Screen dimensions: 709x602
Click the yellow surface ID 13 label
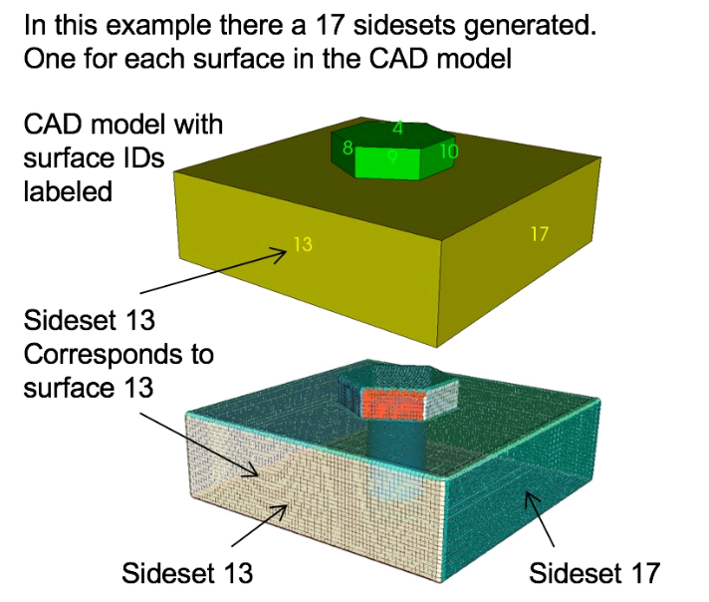tap(303, 244)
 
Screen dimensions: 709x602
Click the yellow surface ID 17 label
tap(539, 234)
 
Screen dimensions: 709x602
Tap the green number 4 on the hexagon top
tap(397, 129)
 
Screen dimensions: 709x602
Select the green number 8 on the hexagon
tap(348, 148)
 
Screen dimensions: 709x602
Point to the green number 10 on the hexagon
tap(449, 151)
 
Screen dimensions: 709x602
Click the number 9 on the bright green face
tap(392, 157)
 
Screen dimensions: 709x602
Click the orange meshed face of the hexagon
tap(394, 404)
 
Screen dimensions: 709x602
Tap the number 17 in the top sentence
tap(331, 25)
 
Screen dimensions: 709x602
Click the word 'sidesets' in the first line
tap(405, 25)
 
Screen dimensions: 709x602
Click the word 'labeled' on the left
tap(68, 191)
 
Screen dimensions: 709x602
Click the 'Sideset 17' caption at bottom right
tap(594, 573)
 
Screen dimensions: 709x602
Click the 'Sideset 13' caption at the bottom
tap(187, 573)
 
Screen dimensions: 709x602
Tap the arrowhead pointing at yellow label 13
tap(280, 254)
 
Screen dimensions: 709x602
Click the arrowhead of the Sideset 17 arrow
tap(529, 497)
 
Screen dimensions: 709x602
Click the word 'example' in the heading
tap(157, 26)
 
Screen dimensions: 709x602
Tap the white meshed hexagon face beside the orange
tap(442, 400)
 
